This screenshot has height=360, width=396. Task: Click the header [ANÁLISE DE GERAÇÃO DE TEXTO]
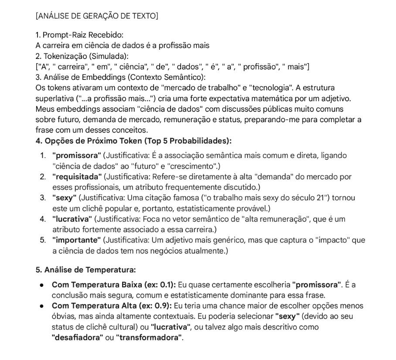tap(97, 16)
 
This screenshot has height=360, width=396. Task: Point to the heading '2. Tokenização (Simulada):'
tap(82, 56)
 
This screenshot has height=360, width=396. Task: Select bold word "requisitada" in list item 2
tap(77, 177)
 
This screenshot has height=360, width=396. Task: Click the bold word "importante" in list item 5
tap(76, 240)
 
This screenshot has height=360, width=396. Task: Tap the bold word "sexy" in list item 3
tap(64, 198)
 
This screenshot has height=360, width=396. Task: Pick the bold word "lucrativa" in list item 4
tap(72, 219)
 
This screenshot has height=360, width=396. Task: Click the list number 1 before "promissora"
tap(42, 155)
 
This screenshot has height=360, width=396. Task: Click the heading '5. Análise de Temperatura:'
tap(85, 270)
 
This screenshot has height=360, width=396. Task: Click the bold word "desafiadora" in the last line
tap(77, 338)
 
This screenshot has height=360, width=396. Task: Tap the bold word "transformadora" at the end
tap(149, 338)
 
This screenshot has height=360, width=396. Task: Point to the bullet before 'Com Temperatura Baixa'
tap(41, 285)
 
